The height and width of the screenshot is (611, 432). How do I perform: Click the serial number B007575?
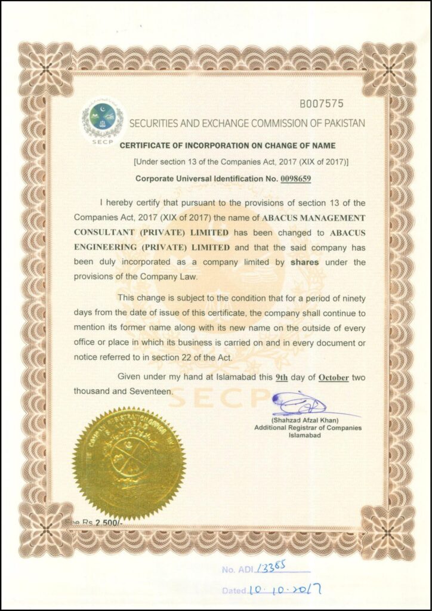click(x=322, y=103)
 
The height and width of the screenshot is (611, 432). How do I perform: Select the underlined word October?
click(x=334, y=377)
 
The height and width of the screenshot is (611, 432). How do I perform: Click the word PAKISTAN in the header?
click(x=341, y=123)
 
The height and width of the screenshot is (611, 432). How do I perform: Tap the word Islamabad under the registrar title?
click(x=304, y=436)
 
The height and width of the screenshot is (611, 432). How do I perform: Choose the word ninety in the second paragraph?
click(x=351, y=297)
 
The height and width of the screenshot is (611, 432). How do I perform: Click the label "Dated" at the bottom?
click(x=233, y=590)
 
